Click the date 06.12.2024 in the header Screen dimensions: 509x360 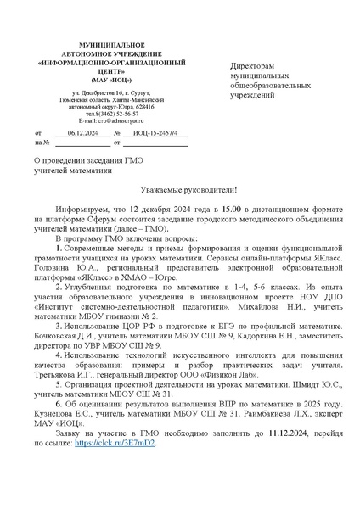coord(82,133)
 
